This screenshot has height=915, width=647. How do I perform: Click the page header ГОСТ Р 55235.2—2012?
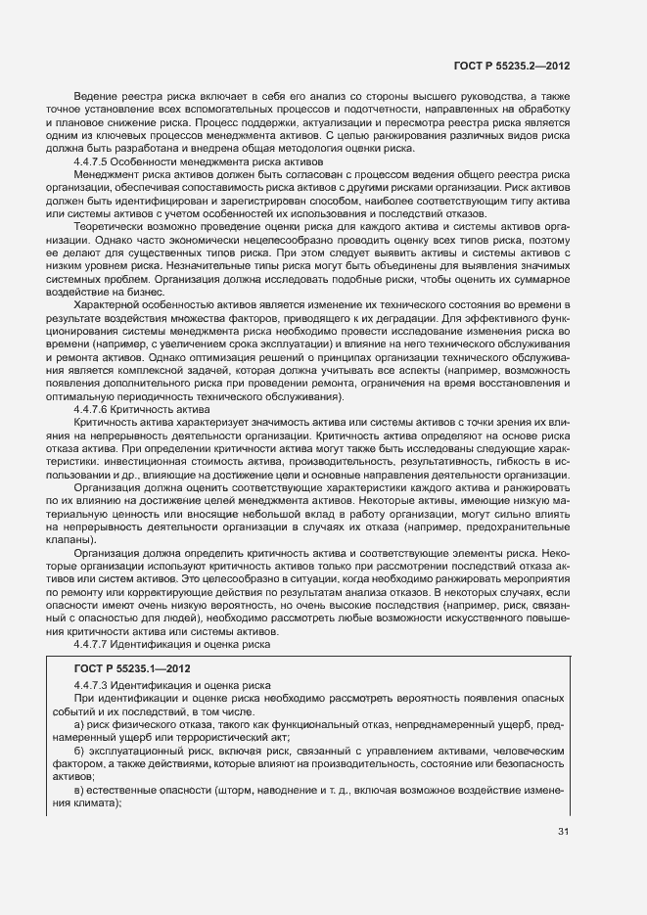pos(512,66)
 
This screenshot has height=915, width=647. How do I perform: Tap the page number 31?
pos(563,832)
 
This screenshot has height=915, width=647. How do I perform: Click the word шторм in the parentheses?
pos(237,784)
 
